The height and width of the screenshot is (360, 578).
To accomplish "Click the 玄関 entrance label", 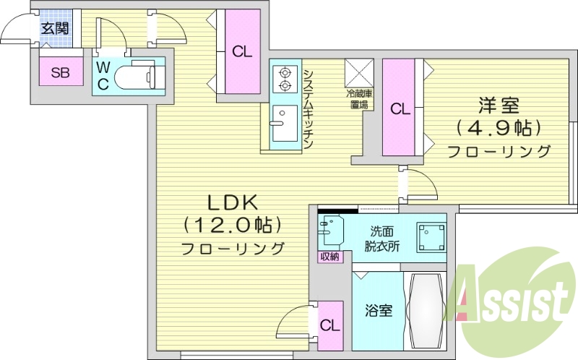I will click(x=55, y=29).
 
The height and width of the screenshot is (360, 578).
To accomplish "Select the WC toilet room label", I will click(x=103, y=74).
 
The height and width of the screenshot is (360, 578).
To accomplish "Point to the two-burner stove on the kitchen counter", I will click(x=284, y=79).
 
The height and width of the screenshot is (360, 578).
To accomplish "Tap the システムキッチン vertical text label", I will click(x=308, y=108).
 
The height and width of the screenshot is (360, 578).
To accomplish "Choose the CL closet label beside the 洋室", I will click(x=400, y=108).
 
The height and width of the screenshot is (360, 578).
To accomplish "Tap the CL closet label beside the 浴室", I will click(x=329, y=326).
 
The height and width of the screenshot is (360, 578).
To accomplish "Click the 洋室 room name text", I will click(x=499, y=106).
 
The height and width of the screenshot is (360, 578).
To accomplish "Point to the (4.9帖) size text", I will click(x=499, y=128).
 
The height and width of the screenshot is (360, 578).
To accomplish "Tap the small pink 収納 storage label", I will click(x=328, y=257).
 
